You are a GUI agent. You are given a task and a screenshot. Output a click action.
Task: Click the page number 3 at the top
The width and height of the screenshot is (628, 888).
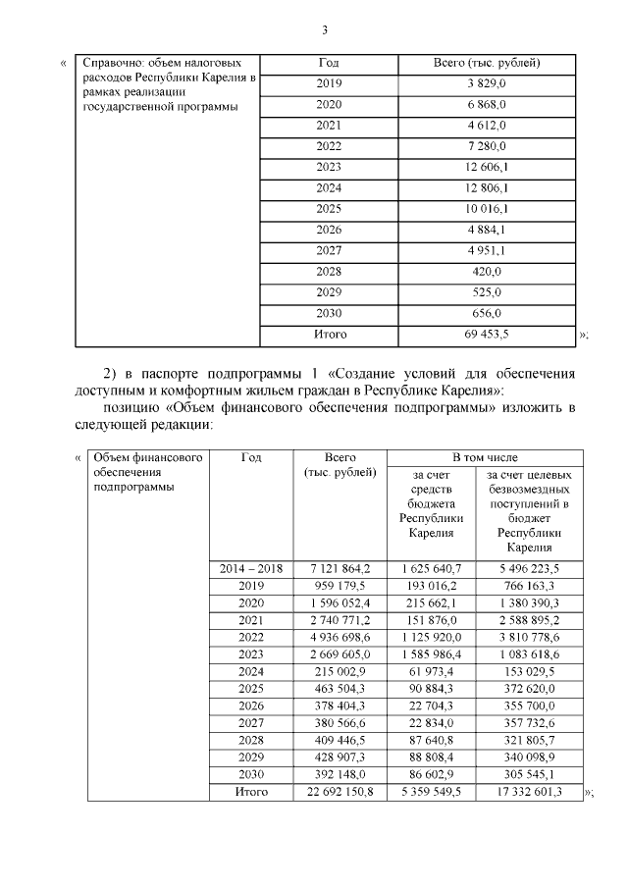324,29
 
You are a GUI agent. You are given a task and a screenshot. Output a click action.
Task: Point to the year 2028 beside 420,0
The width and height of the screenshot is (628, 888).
329,271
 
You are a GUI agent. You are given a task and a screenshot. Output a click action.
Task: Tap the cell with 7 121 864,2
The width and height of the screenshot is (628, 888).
340,568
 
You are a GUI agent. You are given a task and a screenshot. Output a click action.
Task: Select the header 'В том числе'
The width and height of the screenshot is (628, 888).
485,457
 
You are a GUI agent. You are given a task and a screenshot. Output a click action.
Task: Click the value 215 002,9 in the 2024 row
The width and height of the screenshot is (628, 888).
340,671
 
